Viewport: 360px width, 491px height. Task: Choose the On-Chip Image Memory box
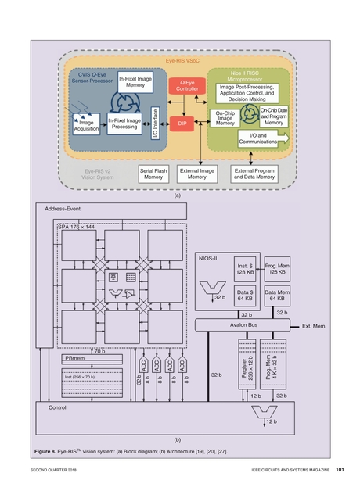click(x=225, y=118)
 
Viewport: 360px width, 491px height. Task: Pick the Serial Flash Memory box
click(x=153, y=173)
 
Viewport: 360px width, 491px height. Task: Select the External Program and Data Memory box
click(x=254, y=173)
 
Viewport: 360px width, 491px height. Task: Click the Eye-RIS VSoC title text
click(x=182, y=60)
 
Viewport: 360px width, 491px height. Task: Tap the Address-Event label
click(x=63, y=210)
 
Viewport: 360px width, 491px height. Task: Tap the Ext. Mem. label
click(x=318, y=324)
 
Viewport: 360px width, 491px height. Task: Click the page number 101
click(x=340, y=469)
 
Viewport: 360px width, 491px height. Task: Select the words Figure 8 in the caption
click(x=46, y=452)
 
